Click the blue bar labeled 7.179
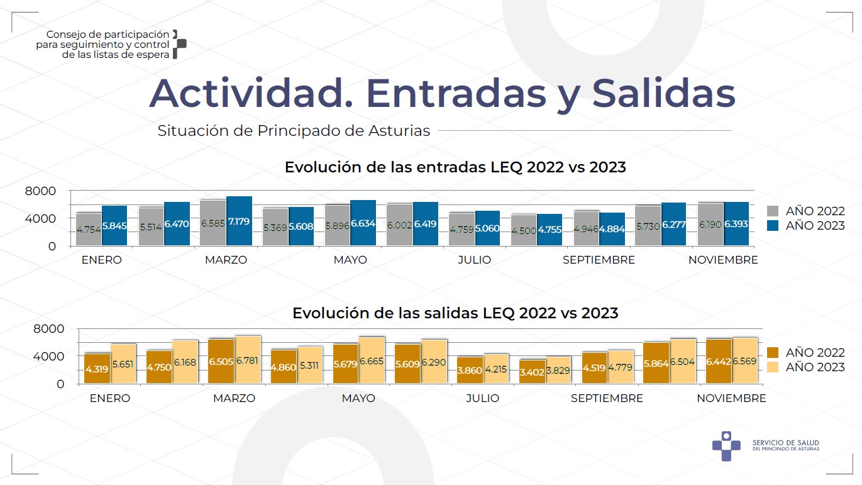coord(239,221)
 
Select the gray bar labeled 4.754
coord(89,230)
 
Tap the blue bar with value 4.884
coord(612,230)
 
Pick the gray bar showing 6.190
coord(710,225)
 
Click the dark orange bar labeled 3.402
coord(533,372)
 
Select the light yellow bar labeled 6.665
coord(371,360)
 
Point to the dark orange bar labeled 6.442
coord(719,361)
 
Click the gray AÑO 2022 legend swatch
coord(775,211)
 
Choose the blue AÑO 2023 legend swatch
coord(775,225)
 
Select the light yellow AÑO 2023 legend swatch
coord(775,367)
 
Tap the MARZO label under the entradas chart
coord(226,260)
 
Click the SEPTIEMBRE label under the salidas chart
coord(607,398)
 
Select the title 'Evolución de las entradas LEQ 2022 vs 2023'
coord(455,167)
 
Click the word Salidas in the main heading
coord(663,93)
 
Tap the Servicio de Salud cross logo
coord(726,445)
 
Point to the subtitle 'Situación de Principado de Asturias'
coord(294,131)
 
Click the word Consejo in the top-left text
coord(64,35)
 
